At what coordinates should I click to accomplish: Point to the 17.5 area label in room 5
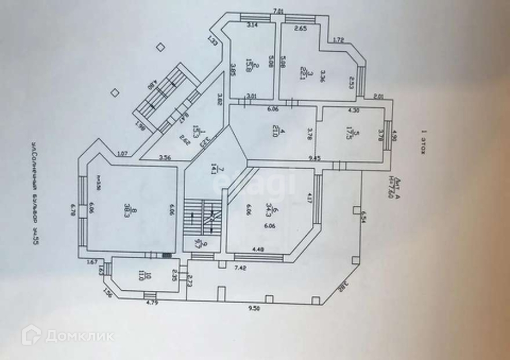pyautogui.click(x=356, y=136)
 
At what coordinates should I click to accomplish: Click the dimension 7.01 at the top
pyautogui.click(x=276, y=11)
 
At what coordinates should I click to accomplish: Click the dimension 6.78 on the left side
pyautogui.click(x=73, y=209)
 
